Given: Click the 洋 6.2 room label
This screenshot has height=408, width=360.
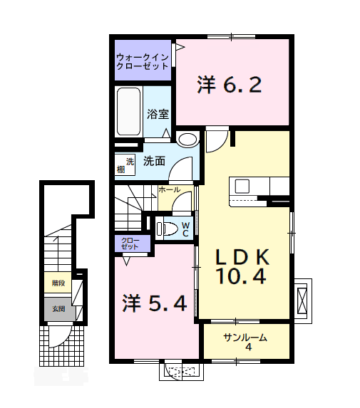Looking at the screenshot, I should point(230,85).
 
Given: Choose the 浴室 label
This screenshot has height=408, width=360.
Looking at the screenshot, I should point(158,114).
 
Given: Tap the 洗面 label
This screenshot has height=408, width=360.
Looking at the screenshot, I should point(154,161).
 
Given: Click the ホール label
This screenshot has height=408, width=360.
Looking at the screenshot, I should point(169,190).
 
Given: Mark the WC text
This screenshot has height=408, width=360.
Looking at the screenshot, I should point(185,229).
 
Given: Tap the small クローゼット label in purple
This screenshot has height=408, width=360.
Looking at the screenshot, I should point(132,244).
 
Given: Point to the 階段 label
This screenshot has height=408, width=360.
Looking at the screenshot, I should point(58,283).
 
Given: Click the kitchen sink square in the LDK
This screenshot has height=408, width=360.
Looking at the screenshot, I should point(241,186).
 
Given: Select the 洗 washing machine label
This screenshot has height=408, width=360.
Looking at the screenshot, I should point(130,159).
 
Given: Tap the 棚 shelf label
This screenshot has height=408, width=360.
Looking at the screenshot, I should point(121,169).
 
